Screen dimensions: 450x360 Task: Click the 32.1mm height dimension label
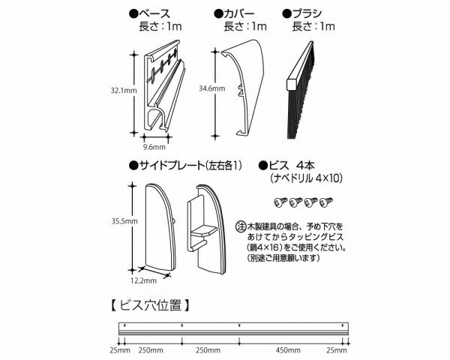124,91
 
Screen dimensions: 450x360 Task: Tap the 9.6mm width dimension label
154,147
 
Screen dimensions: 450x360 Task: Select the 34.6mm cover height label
211,88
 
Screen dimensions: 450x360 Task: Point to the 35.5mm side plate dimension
124,221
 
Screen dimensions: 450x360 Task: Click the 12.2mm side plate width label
143,280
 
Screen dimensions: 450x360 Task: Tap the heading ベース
154,13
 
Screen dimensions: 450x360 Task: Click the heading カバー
239,13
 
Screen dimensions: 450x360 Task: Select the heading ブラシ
307,13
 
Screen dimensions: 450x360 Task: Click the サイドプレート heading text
171,166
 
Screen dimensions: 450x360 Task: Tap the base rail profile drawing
164,86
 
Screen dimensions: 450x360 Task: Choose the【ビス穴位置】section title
150,305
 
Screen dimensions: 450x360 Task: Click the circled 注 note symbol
241,227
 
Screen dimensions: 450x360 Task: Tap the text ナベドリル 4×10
306,178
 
